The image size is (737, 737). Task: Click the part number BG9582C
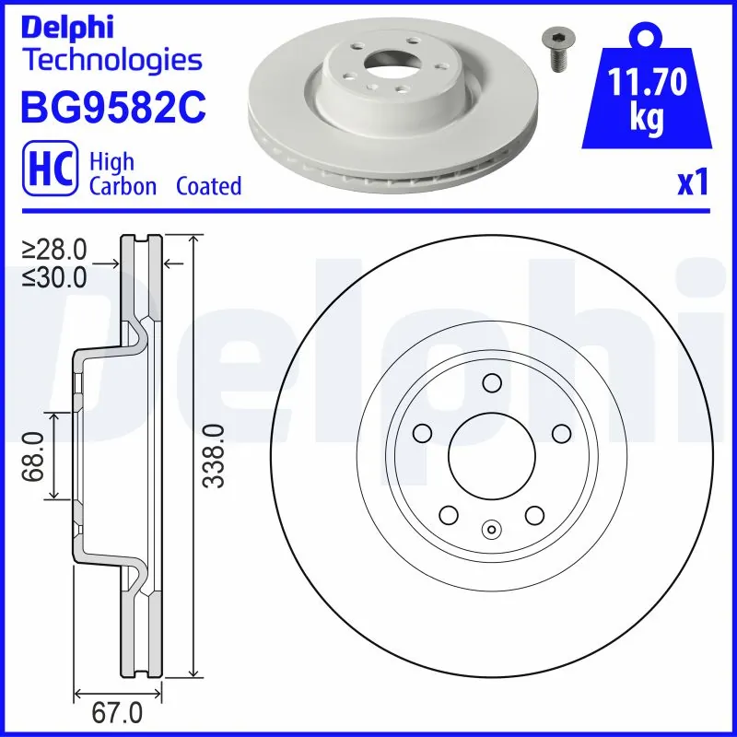pos(111,107)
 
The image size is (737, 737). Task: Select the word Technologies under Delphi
pos(111,61)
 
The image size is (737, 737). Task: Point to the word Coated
pos(208,186)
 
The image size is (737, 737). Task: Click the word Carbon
pos(123,186)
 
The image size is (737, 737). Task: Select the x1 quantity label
pos(692,184)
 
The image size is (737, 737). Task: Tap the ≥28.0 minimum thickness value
pos(54,249)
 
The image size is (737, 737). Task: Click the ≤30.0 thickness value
pos(54,275)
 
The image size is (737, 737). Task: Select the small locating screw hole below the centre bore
pos(491,529)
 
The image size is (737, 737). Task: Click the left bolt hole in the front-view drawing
pos(423,432)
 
